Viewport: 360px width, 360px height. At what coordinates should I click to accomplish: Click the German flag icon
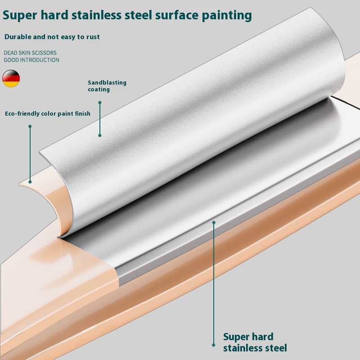pos(11,78)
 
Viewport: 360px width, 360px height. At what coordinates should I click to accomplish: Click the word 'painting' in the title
pos(225,15)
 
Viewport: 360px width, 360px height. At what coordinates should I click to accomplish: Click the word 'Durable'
pos(19,36)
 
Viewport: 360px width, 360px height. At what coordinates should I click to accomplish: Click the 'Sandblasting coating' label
pos(107,86)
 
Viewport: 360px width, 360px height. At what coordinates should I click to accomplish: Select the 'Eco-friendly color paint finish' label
pos(48,114)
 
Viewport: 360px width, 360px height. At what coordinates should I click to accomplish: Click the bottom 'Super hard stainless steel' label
pos(255,342)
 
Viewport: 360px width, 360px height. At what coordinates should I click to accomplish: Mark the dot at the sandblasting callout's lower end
pos(100,135)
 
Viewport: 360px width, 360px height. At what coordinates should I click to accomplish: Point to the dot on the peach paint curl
pos(30,182)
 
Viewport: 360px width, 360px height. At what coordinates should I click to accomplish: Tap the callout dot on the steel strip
pos(214,222)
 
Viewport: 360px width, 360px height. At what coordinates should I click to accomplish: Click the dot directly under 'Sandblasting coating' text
pos(100,103)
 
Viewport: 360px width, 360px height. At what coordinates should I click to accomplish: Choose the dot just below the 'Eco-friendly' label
pos(30,126)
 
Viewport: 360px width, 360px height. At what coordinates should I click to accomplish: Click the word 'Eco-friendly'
pos(22,114)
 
